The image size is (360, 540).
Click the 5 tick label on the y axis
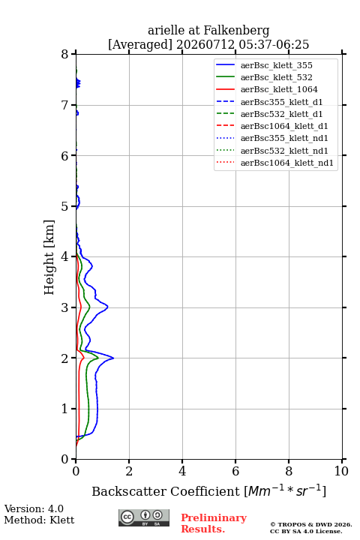coord(65,206)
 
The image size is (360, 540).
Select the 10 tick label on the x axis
coord(341,471)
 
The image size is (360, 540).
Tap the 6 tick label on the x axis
coord(235,471)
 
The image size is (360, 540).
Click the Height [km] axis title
coord(49,257)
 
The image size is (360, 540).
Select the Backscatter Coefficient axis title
coord(208,491)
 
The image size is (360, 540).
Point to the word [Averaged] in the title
coord(139,44)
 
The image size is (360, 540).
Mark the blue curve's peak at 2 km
coord(113,358)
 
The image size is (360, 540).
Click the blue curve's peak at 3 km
coord(107,306)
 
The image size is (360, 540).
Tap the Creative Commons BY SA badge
coord(144,517)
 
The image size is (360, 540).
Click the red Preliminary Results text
coord(214,523)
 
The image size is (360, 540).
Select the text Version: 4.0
coord(34,509)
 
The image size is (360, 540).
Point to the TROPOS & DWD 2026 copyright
coord(311,524)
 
